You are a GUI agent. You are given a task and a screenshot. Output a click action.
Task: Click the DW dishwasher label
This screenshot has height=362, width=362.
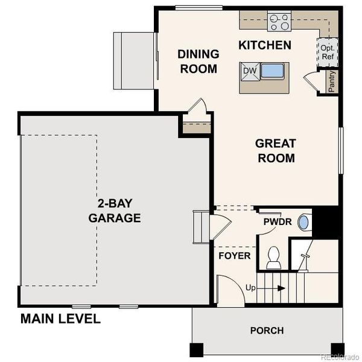[250, 71]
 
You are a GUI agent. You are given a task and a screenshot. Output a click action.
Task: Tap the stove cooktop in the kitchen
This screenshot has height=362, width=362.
[279, 22]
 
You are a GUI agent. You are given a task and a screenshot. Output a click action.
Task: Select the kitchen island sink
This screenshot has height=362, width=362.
[272, 71]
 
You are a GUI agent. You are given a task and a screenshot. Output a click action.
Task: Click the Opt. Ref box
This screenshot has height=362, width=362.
[328, 52]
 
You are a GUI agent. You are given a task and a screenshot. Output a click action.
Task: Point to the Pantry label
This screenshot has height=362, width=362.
[332, 81]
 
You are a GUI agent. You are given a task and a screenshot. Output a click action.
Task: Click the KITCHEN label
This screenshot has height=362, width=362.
[265, 45]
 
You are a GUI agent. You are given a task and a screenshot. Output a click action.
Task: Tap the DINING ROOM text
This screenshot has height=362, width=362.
[197, 62]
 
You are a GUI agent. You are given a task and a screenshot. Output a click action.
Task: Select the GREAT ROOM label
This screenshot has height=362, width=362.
[276, 151]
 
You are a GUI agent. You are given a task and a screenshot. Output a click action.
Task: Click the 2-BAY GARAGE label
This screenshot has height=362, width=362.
[115, 211]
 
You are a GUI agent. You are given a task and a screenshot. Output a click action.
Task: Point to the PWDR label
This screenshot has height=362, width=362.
[278, 222]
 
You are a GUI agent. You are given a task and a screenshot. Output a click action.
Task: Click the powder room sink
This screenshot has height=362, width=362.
[303, 223]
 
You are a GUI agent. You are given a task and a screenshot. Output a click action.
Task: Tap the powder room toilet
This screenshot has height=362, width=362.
[273, 258]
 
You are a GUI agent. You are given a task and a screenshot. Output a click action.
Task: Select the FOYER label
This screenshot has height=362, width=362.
[234, 256]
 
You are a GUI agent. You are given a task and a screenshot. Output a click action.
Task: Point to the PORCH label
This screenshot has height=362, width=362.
[267, 331]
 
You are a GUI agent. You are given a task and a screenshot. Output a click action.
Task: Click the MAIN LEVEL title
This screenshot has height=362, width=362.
[60, 319]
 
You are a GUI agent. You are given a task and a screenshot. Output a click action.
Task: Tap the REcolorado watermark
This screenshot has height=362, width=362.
[339, 355]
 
